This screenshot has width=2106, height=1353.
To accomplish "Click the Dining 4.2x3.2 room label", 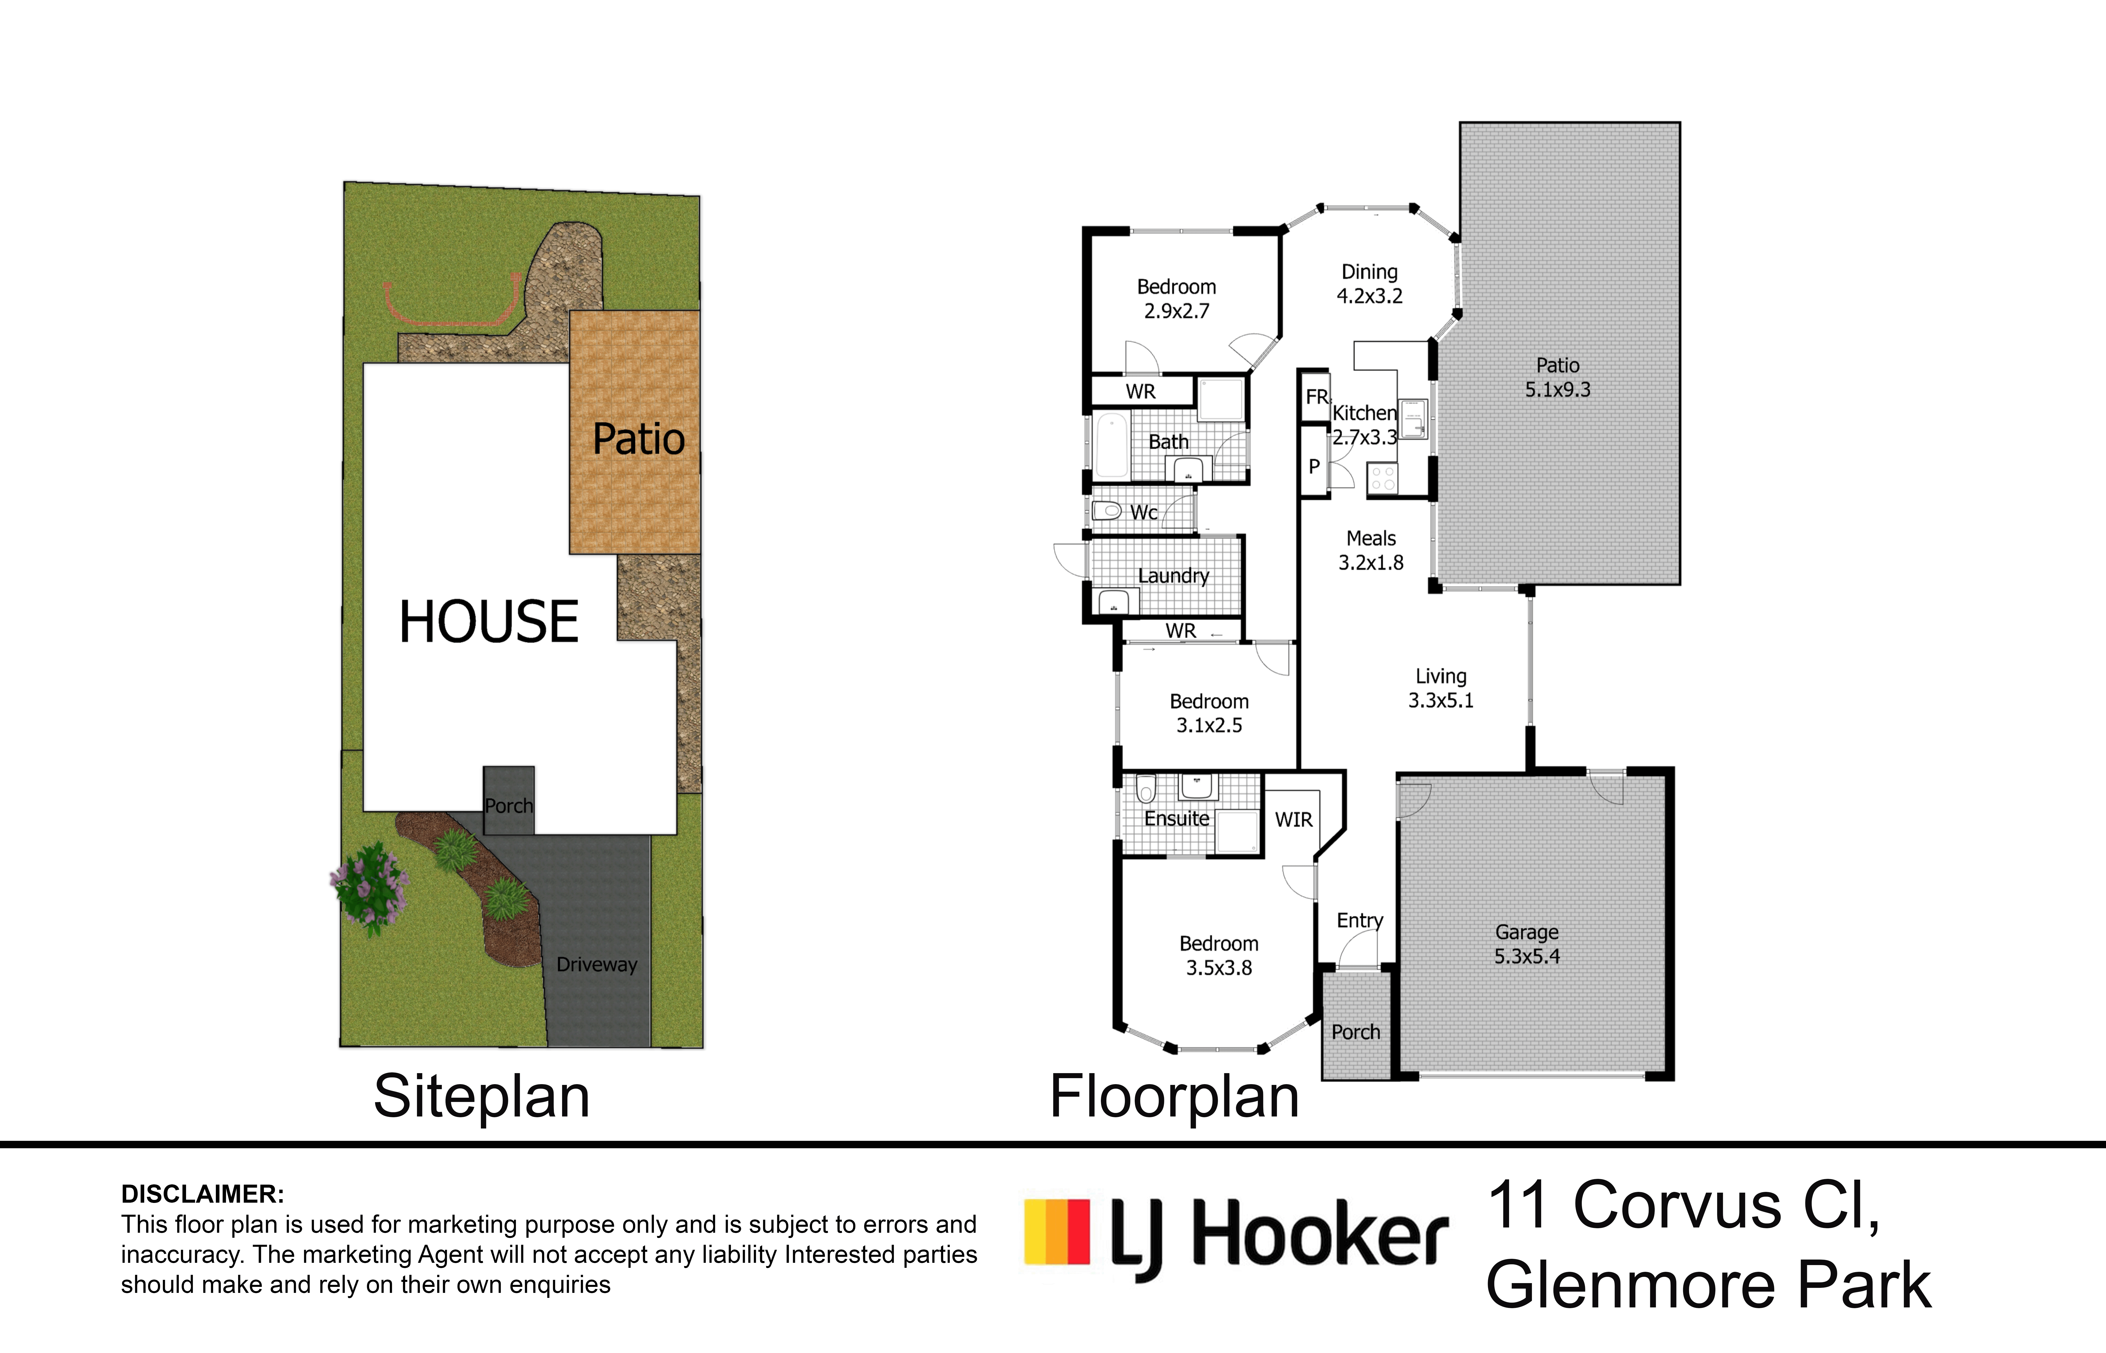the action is click(x=1369, y=284).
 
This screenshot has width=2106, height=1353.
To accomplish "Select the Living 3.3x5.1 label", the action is click(x=1441, y=688).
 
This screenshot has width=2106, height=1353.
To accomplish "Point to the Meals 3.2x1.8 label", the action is click(x=1371, y=550).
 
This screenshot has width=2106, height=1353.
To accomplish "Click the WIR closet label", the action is click(x=1294, y=820).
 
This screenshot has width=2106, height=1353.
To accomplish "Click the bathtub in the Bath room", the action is click(x=1112, y=444).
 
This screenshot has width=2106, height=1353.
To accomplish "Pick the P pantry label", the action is click(x=1314, y=467).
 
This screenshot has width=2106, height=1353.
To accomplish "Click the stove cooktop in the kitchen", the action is click(x=1383, y=478).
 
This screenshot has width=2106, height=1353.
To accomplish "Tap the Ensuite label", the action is click(x=1177, y=819).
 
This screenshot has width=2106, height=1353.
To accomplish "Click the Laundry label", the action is click(x=1173, y=576).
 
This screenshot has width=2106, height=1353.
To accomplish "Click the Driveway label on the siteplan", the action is click(x=597, y=965).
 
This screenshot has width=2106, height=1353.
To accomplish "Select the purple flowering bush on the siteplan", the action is click(x=370, y=887).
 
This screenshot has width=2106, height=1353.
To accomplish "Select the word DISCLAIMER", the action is click(x=202, y=1194).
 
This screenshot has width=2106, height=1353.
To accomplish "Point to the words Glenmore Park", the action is click(x=1708, y=1285).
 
